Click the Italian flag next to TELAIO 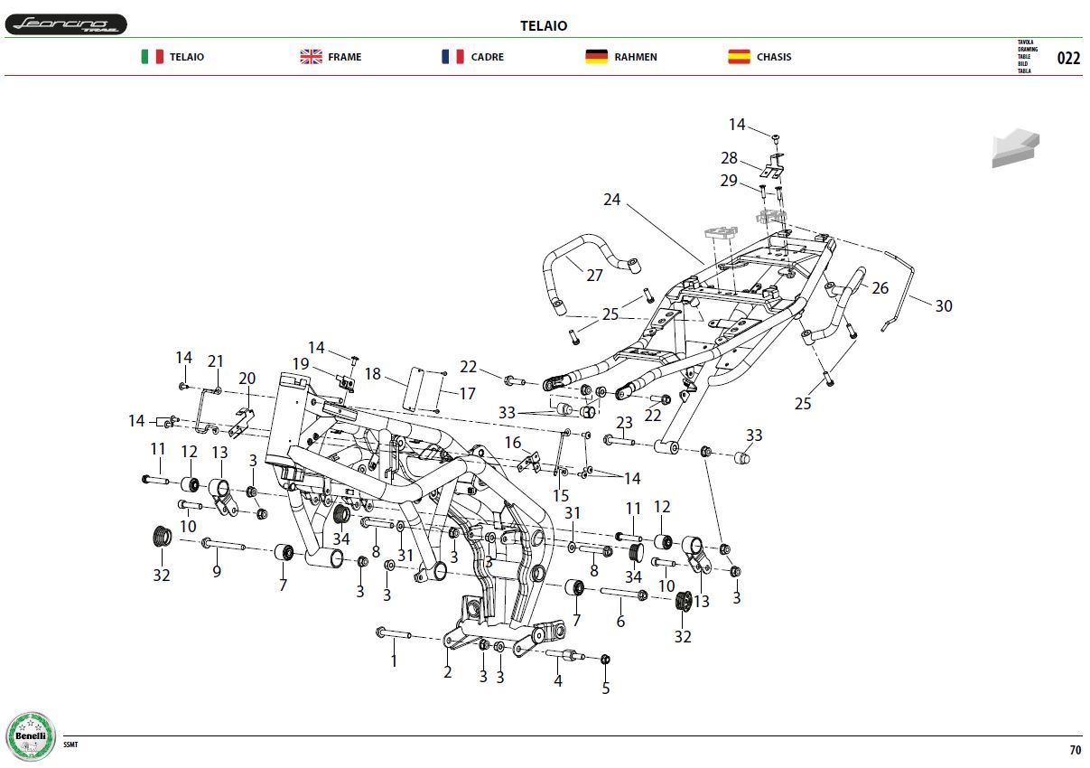point(153,57)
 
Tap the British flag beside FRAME point(311,57)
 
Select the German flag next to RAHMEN point(596,57)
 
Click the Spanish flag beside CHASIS point(739,57)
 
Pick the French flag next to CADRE point(452,57)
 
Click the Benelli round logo point(31,735)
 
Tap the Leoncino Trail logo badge point(66,24)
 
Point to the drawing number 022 point(1068,58)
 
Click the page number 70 point(1075,750)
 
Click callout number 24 point(611,199)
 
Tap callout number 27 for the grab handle point(594,276)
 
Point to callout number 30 point(944,305)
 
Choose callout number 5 point(605,688)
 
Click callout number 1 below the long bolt point(394,660)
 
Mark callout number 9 point(217,571)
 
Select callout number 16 point(512,442)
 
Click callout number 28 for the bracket point(729,158)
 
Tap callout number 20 point(247,378)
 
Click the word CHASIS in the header point(774,57)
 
